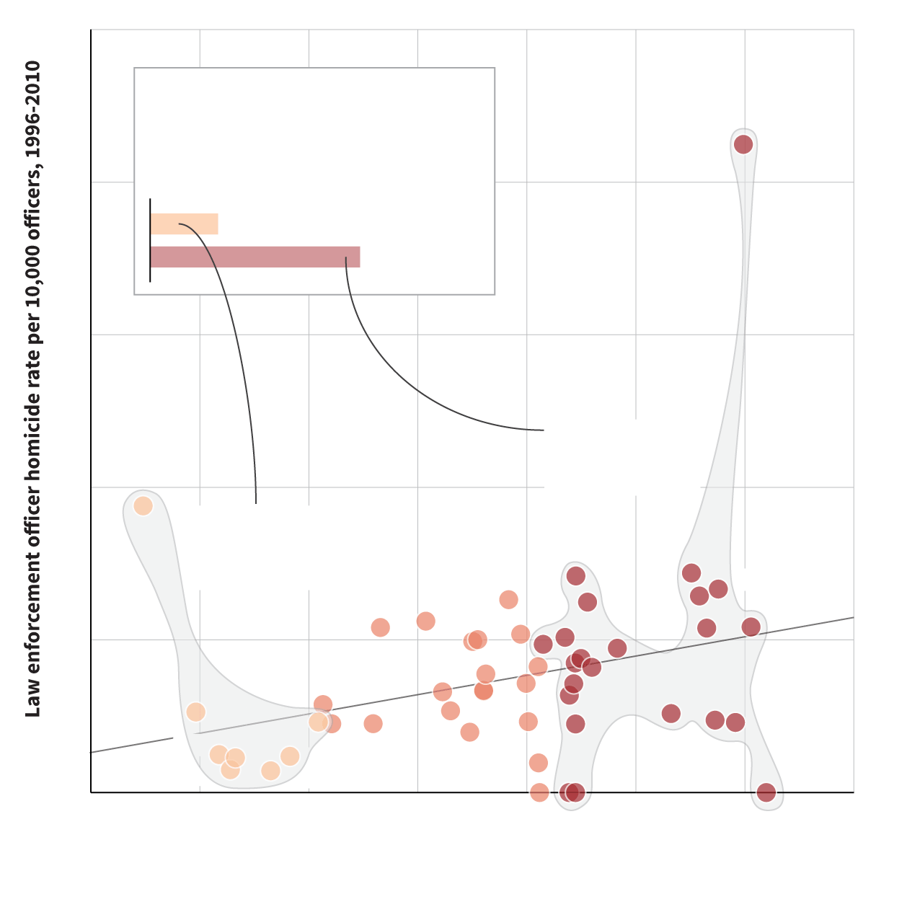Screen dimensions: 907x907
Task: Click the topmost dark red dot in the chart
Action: [743, 144]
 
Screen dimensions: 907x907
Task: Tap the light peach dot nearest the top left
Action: [143, 505]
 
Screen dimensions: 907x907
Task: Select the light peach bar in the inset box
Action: [184, 224]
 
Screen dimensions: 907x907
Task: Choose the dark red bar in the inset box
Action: [255, 257]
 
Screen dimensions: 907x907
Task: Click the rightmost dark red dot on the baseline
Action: [766, 792]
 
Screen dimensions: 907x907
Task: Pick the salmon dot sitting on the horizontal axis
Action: [539, 792]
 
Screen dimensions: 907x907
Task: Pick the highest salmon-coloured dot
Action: [508, 599]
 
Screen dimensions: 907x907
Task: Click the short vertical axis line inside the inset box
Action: [150, 240]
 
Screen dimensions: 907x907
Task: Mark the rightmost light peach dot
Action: [318, 722]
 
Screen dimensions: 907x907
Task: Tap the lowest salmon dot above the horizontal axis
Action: [538, 762]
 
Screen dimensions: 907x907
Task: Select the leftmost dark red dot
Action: [543, 644]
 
